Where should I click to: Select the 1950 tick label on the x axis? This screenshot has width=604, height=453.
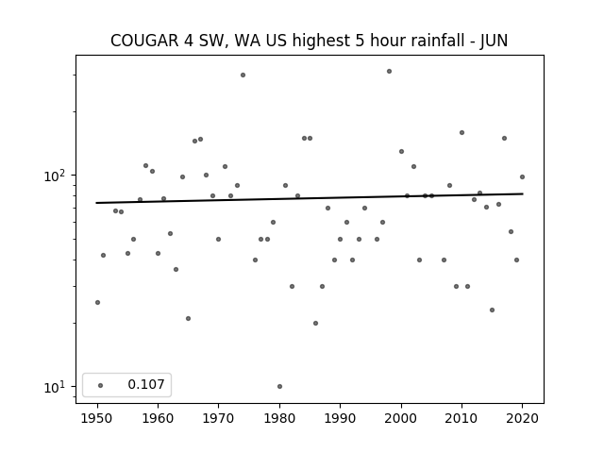97,418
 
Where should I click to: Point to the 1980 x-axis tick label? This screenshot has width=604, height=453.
279,418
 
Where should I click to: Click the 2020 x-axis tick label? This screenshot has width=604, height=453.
522,418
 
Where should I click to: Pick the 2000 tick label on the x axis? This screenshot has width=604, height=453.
401,418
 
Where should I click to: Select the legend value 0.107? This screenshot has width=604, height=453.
146,384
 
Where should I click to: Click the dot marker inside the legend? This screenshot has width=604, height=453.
101,385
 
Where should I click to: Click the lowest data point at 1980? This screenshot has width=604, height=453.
279,386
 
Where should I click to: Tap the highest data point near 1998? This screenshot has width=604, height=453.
389,72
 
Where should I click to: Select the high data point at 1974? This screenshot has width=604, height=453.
243,75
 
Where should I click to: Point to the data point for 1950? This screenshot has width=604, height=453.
97,302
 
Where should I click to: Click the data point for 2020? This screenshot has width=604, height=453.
522,176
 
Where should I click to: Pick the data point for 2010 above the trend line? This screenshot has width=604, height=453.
461,132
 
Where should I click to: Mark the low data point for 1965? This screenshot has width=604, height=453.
189,319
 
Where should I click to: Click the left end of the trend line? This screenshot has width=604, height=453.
96,203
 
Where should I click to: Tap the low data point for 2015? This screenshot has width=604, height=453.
492,310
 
